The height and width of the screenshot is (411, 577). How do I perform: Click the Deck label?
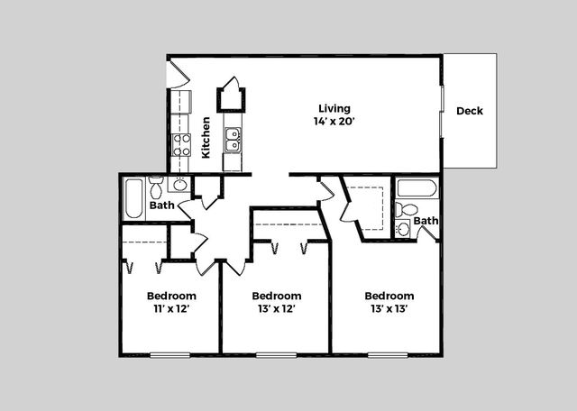coord(470,111)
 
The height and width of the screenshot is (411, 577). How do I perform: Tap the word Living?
coord(334,108)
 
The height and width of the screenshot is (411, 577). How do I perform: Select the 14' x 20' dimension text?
coord(334,121)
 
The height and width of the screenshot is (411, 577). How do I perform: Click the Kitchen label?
coord(206,137)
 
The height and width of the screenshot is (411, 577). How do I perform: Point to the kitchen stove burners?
coord(181,145)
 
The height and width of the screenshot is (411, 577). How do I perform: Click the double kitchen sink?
coord(233,140)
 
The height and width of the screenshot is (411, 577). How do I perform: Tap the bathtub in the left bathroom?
coord(133,198)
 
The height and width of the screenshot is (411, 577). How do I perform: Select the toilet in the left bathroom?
coord(156,187)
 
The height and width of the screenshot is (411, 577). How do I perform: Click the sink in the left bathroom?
coord(180,184)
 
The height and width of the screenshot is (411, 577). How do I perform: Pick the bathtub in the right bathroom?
coord(417,188)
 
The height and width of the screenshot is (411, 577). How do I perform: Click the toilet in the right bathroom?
coord(407,209)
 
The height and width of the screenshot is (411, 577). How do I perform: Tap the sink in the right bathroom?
coord(403,229)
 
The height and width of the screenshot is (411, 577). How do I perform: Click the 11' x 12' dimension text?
coord(171,309)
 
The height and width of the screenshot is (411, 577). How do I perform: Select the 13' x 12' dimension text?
coord(277,309)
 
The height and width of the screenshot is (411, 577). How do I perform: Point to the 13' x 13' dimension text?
coord(389,309)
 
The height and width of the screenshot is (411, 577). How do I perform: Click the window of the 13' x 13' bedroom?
coord(388,355)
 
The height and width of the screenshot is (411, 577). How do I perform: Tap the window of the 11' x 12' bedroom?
coord(170,355)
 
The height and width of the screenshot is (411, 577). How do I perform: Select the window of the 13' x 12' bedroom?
coord(277,355)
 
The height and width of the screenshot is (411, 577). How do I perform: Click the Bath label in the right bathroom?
coord(426,221)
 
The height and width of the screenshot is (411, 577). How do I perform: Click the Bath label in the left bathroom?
coord(162,205)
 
